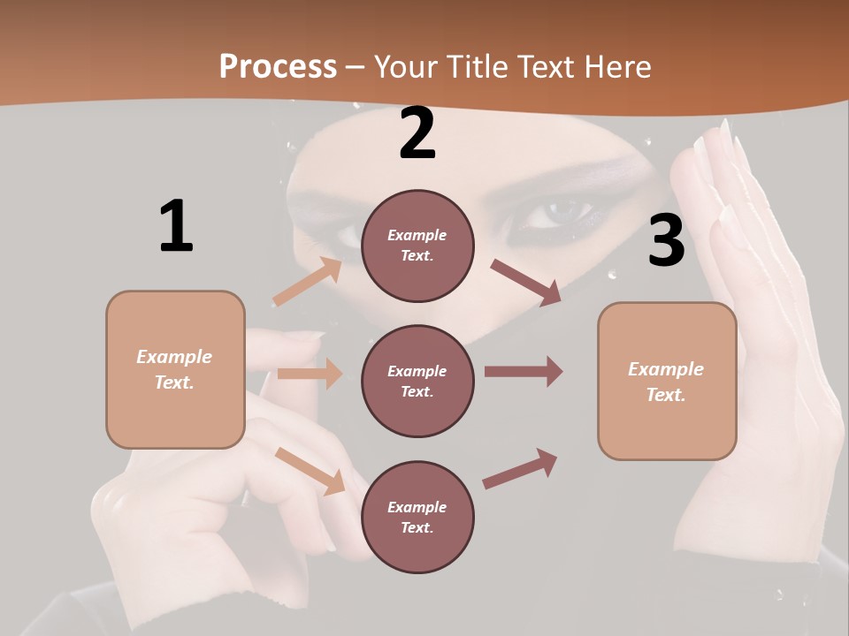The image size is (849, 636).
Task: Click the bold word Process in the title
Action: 278,66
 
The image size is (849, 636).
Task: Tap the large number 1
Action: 176,226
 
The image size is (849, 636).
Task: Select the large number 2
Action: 417,133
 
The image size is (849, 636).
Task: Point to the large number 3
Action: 666,241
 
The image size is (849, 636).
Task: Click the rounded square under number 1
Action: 175,369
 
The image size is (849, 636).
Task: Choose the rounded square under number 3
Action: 667,381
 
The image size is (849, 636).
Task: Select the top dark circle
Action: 417,246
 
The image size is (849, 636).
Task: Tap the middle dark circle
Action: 417,381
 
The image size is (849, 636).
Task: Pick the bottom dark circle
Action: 417,517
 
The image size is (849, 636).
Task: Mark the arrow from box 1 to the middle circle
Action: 310,374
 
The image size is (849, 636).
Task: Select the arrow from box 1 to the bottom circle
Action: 310,471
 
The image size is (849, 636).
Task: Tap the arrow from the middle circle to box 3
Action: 524,372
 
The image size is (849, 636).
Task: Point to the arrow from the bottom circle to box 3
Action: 520,469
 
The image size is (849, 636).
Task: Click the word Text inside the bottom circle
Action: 417,527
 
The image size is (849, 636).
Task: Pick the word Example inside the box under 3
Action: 666,369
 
